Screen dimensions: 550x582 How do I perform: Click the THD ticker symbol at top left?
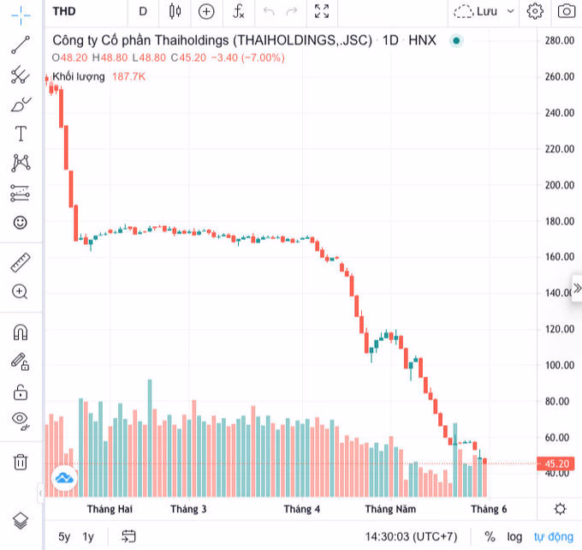pyautogui.click(x=64, y=11)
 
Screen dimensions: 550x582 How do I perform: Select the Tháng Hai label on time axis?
pyautogui.click(x=110, y=509)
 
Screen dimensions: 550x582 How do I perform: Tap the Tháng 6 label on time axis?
pyautogui.click(x=489, y=509)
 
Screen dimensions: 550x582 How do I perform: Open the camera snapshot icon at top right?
pyautogui.click(x=566, y=11)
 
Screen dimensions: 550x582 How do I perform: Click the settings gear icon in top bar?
pyautogui.click(x=535, y=11)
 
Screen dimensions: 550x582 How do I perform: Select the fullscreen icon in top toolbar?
pyautogui.click(x=322, y=11)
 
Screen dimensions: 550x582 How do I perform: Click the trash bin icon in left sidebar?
pyautogui.click(x=20, y=462)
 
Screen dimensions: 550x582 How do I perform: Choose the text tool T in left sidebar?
pyautogui.click(x=20, y=134)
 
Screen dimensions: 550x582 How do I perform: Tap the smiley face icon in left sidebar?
pyautogui.click(x=20, y=222)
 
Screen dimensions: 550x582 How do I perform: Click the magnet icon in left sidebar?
pyautogui.click(x=20, y=332)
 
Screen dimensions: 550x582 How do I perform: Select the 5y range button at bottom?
pyautogui.click(x=64, y=536)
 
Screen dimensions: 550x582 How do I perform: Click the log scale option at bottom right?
pyautogui.click(x=514, y=536)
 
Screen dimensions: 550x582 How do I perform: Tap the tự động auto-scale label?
pyautogui.click(x=554, y=536)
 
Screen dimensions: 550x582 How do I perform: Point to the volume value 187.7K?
pyautogui.click(x=128, y=76)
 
